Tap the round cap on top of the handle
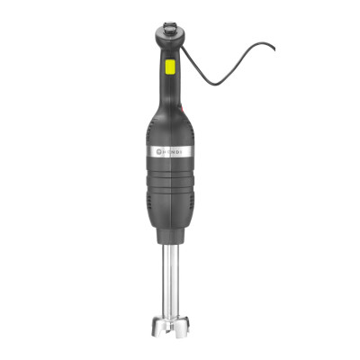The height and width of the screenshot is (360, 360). [168, 28]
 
